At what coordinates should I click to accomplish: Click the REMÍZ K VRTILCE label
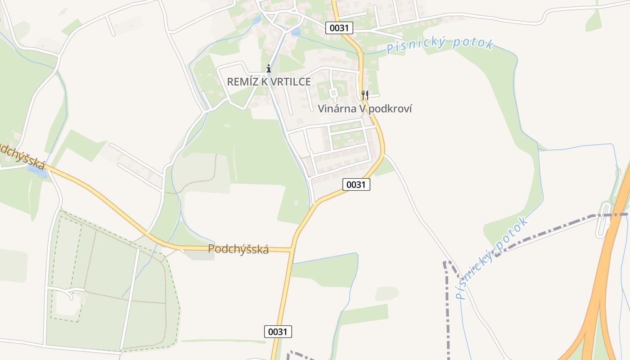click(269, 81)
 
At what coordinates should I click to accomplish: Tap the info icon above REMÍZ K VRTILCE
click(269, 68)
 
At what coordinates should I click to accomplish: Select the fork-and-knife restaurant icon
click(365, 95)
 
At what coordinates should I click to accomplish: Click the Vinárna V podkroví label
click(365, 108)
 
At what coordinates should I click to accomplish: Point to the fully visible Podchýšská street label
click(238, 249)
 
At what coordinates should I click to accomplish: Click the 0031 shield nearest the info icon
click(339, 28)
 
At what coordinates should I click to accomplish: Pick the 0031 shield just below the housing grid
click(356, 184)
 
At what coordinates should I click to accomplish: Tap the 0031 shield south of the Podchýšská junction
click(278, 332)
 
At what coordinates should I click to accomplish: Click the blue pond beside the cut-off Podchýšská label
click(37, 171)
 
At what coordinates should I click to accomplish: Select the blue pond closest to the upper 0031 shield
click(296, 31)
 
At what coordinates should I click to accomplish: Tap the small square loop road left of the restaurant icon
click(333, 93)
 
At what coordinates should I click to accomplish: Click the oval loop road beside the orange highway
click(603, 220)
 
